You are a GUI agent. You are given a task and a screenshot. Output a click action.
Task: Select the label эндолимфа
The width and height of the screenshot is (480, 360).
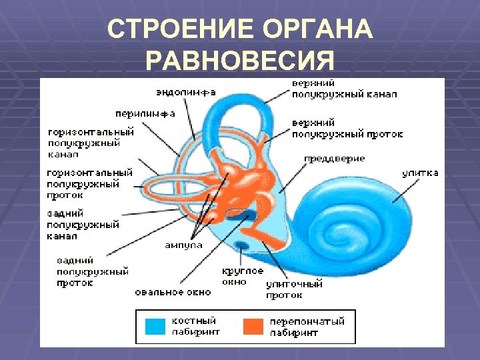186,92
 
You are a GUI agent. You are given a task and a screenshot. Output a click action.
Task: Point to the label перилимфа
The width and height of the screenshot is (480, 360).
145,113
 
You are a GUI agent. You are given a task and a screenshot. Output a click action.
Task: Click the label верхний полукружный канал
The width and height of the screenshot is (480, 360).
344,89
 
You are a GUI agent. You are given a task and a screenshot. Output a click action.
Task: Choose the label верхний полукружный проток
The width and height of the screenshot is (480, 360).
347,129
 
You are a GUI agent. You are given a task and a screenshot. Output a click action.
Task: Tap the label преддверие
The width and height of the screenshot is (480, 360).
335,159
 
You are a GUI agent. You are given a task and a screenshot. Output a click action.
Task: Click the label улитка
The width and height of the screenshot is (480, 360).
420,173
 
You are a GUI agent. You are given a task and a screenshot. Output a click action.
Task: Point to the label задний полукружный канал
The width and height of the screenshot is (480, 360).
83,225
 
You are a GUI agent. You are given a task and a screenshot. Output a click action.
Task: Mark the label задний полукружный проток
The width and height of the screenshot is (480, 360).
92,271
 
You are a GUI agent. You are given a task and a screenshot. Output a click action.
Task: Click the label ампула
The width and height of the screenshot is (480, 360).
183,245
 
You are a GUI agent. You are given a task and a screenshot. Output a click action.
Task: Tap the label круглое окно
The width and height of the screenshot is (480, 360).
243,276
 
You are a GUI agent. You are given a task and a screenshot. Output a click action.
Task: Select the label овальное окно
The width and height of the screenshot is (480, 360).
173,292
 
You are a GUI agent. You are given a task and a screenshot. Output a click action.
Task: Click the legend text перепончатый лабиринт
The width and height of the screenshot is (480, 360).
307,326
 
